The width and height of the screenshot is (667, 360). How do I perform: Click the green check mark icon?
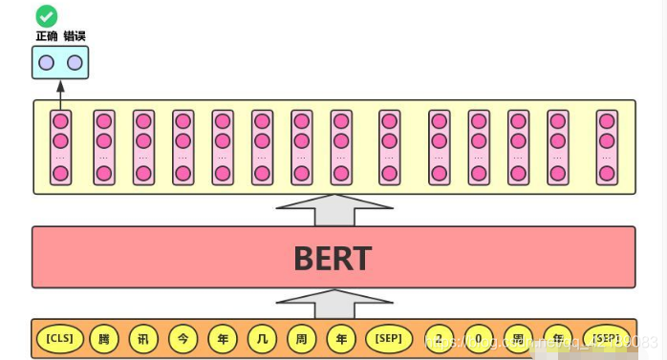[46, 16]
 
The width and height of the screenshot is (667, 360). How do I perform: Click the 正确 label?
[46, 36]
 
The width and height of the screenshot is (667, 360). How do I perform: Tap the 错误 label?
[75, 36]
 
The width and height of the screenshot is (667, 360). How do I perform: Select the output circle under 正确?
[46, 63]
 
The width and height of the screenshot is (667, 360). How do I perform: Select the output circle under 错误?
[75, 63]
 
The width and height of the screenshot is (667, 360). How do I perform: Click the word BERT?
[333, 258]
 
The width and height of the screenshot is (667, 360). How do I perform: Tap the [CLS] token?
[59, 338]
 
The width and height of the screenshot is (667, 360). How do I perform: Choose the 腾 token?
[103, 338]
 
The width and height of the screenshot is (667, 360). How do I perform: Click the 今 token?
[183, 338]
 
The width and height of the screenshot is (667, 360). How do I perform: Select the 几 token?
[262, 338]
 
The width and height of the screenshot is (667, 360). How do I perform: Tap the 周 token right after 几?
[301, 338]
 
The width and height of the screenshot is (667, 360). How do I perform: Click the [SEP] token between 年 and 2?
[389, 338]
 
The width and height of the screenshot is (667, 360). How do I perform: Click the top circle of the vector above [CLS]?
[60, 121]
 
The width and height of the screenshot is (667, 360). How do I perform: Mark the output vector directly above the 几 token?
[262, 147]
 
